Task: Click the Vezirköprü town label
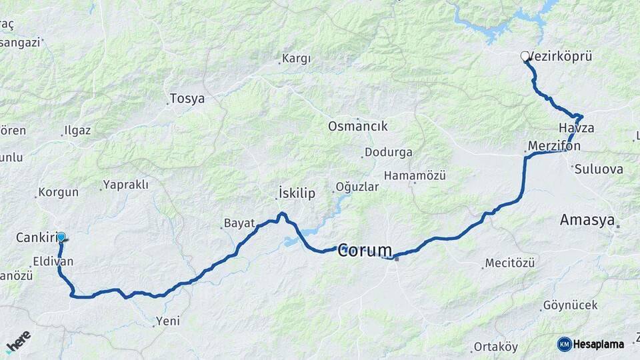click(561, 57)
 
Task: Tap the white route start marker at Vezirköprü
click(525, 57)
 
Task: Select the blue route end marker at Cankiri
click(61, 237)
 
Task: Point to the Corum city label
click(365, 251)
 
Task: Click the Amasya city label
click(587, 220)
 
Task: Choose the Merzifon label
click(554, 145)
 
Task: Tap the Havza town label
click(577, 128)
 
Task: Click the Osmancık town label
click(357, 126)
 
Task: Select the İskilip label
click(295, 194)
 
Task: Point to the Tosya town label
click(187, 99)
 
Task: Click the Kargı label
click(296, 59)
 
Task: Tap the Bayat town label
click(239, 223)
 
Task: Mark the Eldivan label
click(52, 262)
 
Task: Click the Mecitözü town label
click(509, 263)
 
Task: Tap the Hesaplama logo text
click(598, 344)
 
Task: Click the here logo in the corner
click(19, 341)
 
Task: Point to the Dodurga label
click(389, 152)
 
